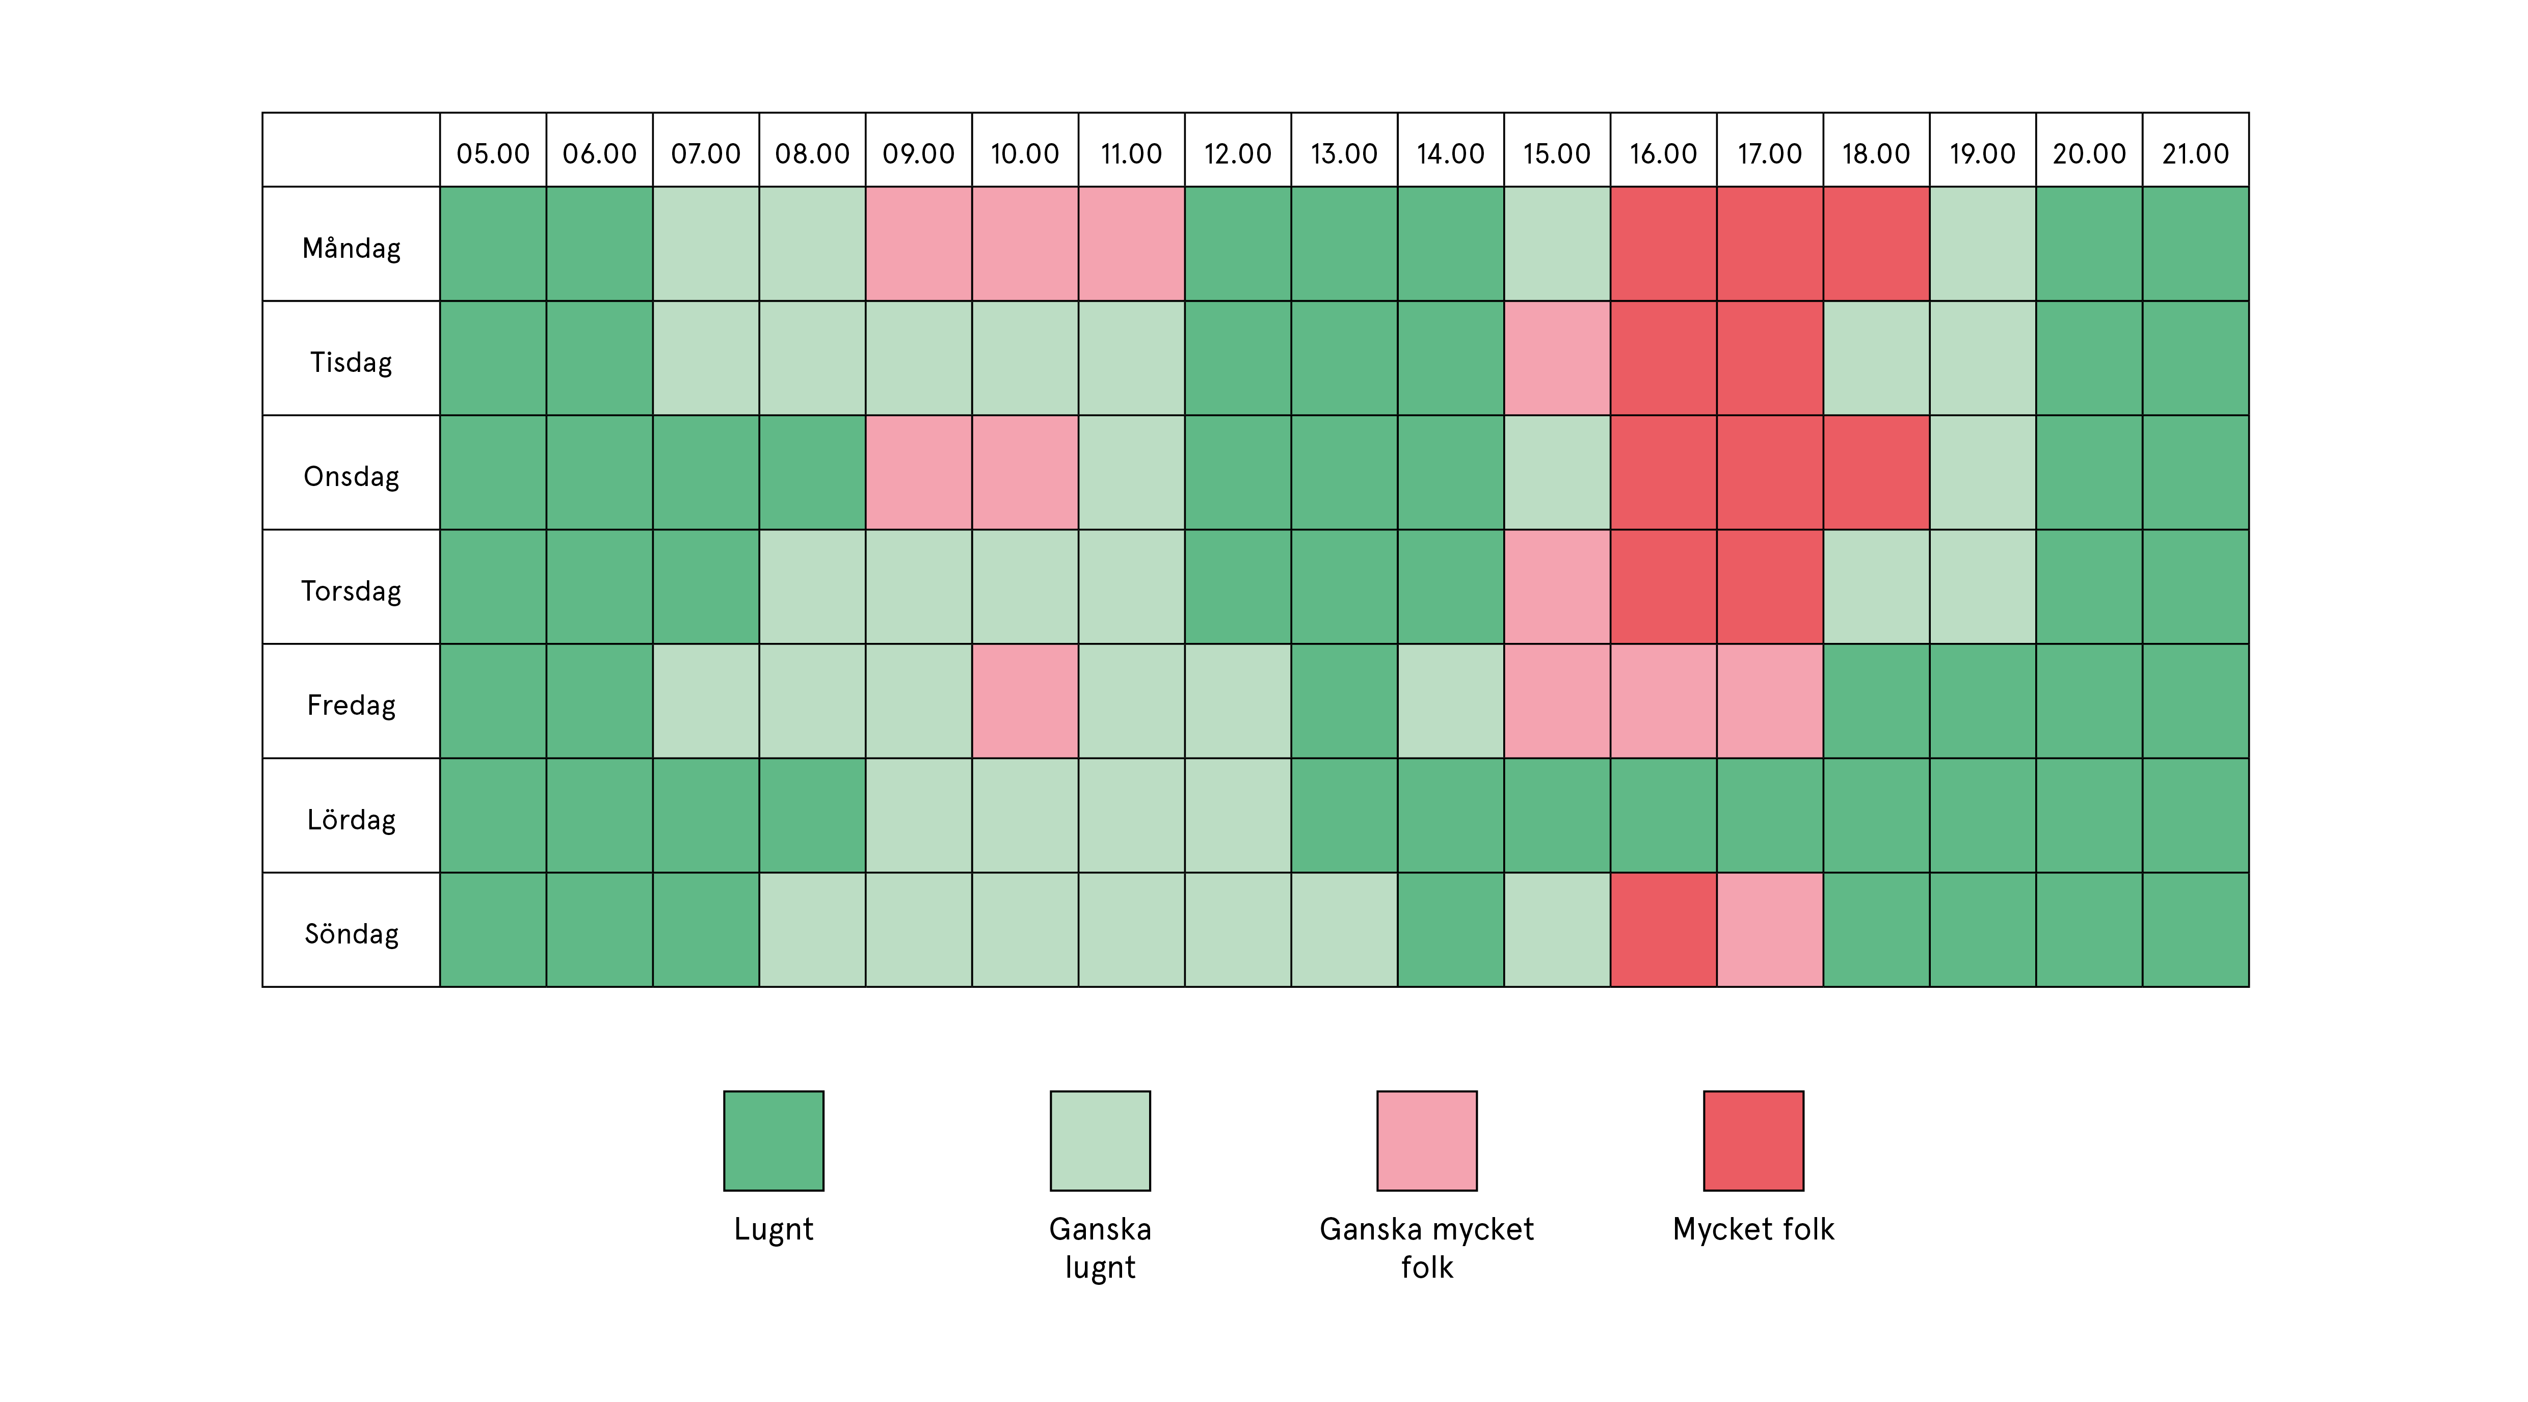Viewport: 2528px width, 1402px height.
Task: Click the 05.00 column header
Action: point(493,154)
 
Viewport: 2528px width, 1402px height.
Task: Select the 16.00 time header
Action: point(1663,154)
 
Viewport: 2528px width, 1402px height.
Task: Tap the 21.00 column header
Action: point(2195,154)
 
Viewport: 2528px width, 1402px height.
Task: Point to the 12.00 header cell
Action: point(1238,154)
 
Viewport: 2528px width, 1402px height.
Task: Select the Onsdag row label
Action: point(351,477)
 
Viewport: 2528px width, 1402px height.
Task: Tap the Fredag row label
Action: point(351,706)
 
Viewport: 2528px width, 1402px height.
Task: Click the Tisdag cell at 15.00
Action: point(1556,358)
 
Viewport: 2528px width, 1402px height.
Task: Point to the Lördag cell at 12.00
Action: point(1238,815)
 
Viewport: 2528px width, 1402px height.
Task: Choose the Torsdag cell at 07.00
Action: point(706,587)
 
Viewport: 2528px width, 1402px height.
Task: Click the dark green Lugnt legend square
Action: point(774,1141)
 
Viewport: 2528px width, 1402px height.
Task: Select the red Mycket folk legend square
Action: point(1754,1141)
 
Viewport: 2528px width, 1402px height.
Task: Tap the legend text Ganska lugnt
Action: point(1100,1248)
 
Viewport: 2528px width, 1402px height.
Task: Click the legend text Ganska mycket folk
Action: point(1427,1248)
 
